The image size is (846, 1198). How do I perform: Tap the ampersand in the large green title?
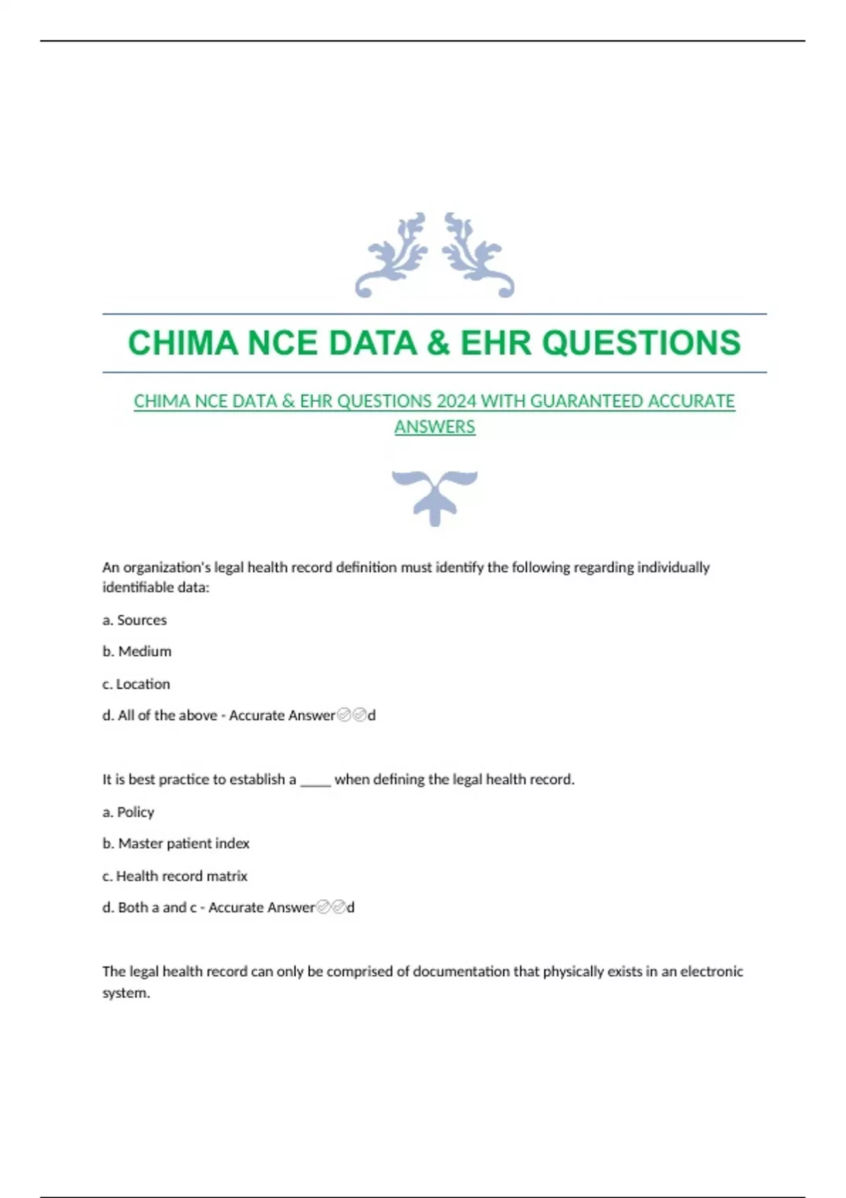pyautogui.click(x=438, y=343)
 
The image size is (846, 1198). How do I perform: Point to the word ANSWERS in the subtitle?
pyautogui.click(x=434, y=427)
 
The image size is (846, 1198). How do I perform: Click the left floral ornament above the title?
pyautogui.click(x=392, y=255)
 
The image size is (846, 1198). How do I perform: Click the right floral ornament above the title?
pyautogui.click(x=478, y=255)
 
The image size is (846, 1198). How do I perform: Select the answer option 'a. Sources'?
pyautogui.click(x=135, y=620)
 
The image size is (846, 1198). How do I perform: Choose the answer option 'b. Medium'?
pyautogui.click(x=137, y=651)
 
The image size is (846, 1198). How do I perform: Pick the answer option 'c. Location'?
pyautogui.click(x=136, y=684)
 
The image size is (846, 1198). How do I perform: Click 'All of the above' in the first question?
pyautogui.click(x=167, y=715)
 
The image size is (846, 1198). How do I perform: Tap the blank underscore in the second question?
pyautogui.click(x=315, y=780)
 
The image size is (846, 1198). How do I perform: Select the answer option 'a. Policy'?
pyautogui.click(x=128, y=812)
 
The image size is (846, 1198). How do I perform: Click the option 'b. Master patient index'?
pyautogui.click(x=176, y=844)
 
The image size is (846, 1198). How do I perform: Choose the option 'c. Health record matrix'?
pyautogui.click(x=175, y=876)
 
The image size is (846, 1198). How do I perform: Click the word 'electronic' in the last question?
pyautogui.click(x=711, y=971)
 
